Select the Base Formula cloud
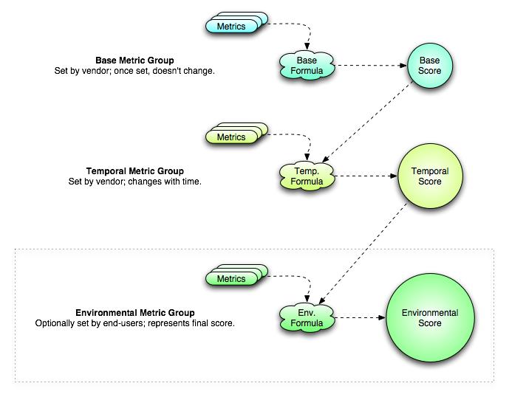(x=305, y=65)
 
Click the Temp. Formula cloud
(x=305, y=176)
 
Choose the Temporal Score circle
(x=429, y=176)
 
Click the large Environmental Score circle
(x=429, y=318)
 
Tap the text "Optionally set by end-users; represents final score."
(x=135, y=323)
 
